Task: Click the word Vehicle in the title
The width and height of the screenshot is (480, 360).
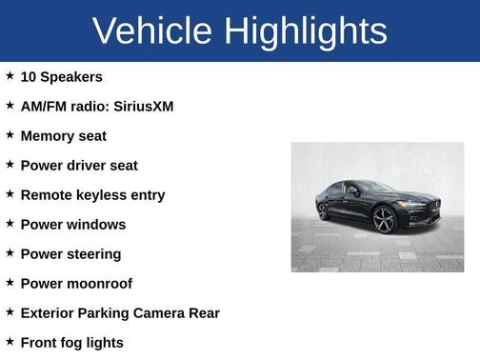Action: click(x=152, y=30)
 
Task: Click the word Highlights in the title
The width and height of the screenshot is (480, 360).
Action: click(x=306, y=32)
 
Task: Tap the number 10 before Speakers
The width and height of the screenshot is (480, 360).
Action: click(x=29, y=76)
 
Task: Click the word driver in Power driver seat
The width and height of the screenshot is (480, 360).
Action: click(x=87, y=166)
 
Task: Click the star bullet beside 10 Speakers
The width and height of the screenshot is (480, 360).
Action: click(x=10, y=75)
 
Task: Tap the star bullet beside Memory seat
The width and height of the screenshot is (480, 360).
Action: click(x=10, y=135)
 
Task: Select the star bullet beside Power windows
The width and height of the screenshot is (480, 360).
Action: click(x=10, y=224)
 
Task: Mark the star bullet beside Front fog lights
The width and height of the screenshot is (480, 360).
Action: click(x=10, y=341)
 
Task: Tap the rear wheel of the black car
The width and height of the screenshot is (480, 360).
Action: click(x=324, y=210)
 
